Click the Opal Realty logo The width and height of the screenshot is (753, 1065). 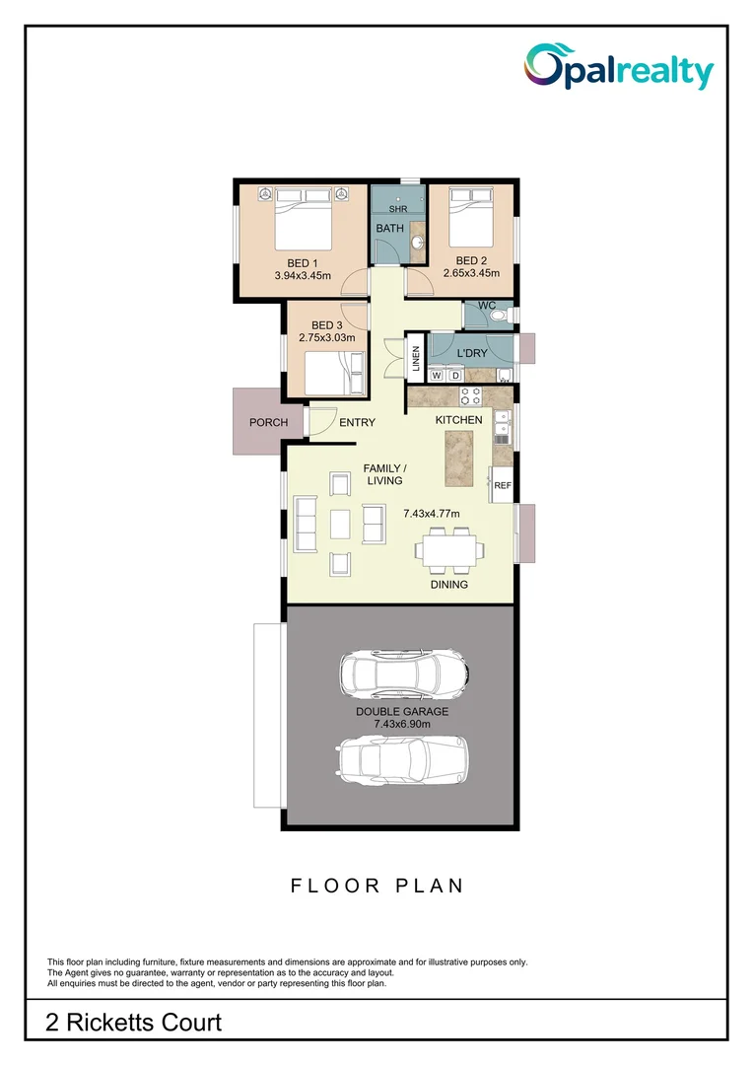[x=618, y=68]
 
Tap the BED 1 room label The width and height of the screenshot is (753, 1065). [x=302, y=263]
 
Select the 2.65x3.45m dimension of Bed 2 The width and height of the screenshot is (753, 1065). [x=471, y=273]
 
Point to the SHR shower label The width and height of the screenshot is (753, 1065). [x=398, y=209]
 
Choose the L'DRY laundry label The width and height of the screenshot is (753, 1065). [x=472, y=352]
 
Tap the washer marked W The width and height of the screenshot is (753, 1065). [x=437, y=376]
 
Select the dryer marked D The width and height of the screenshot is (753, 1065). [x=454, y=376]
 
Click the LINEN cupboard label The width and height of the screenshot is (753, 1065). [x=417, y=361]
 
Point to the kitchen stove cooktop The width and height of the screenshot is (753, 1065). [x=470, y=396]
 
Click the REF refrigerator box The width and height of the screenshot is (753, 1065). [x=502, y=486]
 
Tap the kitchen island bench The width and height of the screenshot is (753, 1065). [x=460, y=459]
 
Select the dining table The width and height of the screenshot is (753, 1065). [x=448, y=549]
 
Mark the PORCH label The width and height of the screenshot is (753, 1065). [x=268, y=422]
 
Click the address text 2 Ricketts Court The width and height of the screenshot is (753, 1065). [x=134, y=1023]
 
